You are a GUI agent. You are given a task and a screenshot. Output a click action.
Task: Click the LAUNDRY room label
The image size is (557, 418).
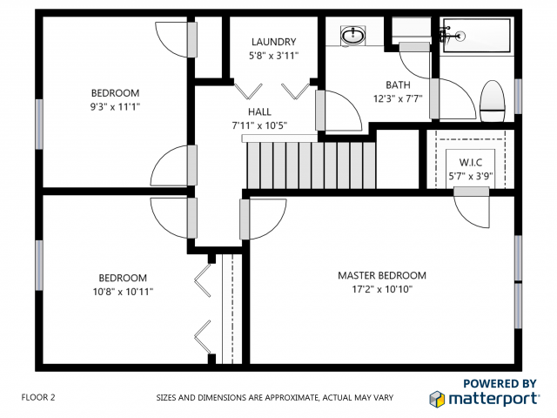(273, 42)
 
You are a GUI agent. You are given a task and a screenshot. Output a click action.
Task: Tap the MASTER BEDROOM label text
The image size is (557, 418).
(382, 276)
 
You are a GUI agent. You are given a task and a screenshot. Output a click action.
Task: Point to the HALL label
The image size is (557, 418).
(259, 111)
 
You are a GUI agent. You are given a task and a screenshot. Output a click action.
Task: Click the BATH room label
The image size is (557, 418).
(398, 84)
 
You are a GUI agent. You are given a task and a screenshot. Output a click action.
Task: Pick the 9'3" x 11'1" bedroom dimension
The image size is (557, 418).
(115, 107)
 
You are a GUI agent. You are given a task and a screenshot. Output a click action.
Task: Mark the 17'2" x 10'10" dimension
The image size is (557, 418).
(382, 289)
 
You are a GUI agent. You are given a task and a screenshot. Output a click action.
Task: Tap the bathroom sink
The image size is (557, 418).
(352, 36)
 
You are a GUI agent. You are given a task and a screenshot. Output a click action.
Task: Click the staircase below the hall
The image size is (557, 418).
(310, 163)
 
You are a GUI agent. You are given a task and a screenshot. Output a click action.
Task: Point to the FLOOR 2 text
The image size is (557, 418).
(38, 397)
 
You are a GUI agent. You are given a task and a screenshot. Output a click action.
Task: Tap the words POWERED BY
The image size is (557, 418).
(499, 383)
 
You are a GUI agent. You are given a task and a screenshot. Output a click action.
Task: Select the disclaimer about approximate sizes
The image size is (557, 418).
(274, 398)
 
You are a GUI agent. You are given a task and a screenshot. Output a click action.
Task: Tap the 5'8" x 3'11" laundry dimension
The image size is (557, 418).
(273, 57)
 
